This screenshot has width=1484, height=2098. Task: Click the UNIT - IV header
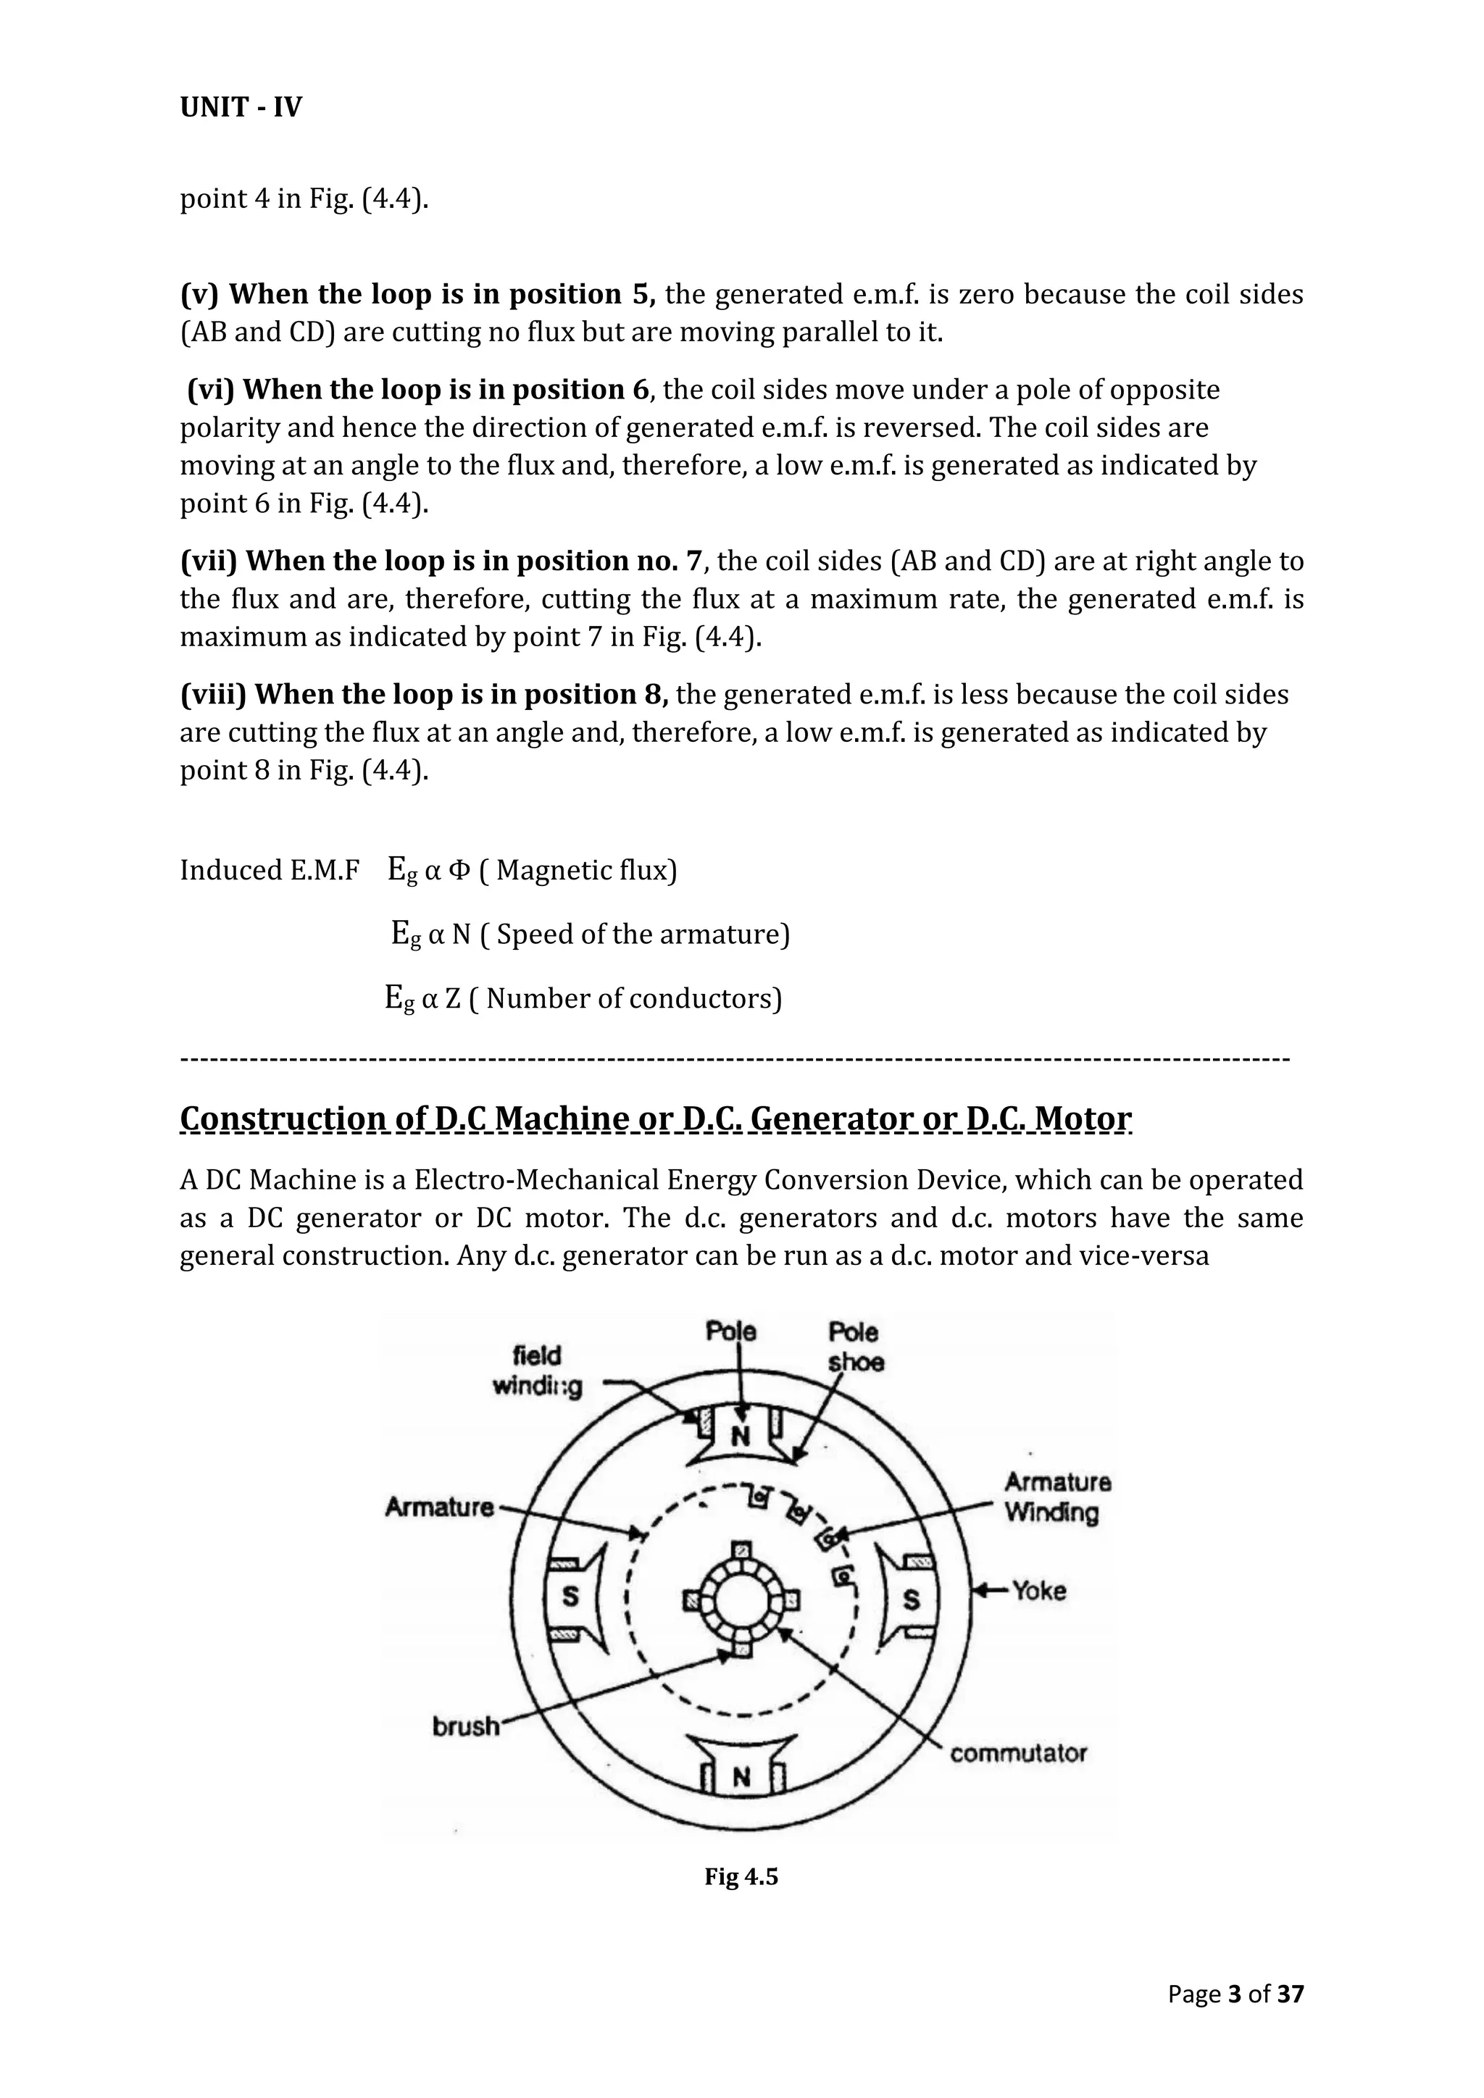241,108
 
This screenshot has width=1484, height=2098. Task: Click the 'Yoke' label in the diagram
1039,1591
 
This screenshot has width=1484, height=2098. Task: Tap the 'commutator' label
1018,1753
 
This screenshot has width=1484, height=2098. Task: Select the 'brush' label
466,1726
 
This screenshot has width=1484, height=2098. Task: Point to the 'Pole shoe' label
854,1347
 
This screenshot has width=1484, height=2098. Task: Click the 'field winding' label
538,1371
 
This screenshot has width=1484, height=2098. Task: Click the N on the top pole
740,1436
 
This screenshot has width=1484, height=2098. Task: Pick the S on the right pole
911,1600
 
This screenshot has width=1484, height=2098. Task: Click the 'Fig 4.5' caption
741,1877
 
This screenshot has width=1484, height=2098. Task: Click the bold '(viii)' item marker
214,695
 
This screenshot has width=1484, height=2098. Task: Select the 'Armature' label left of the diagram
438,1507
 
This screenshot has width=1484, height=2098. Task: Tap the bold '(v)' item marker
199,294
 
